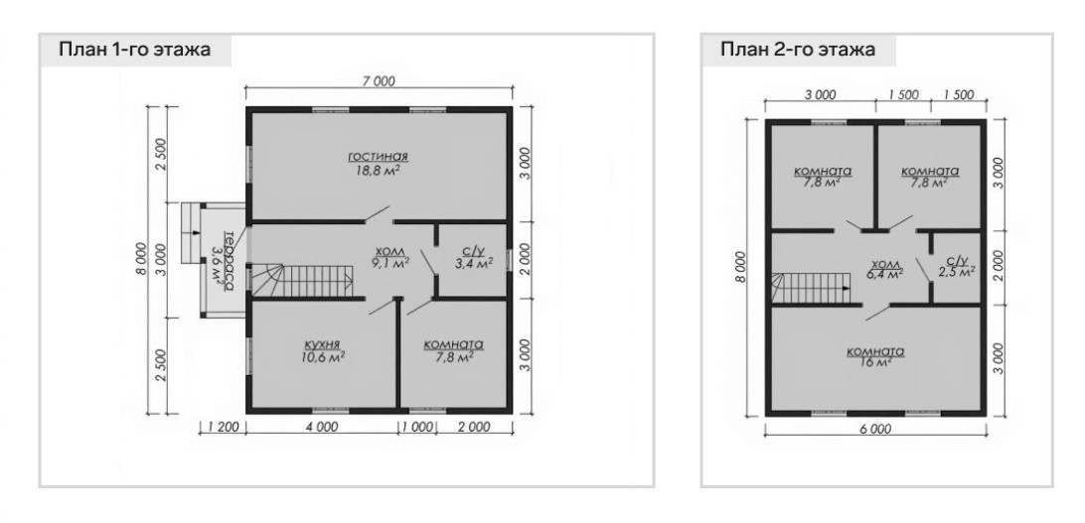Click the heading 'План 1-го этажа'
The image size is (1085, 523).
tap(134, 50)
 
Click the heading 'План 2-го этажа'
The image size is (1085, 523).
tap(798, 50)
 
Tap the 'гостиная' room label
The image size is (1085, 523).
tap(378, 156)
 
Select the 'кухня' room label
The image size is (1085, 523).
tap(324, 344)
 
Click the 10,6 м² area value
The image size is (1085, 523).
tap(324, 357)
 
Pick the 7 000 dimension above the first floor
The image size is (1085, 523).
tap(378, 81)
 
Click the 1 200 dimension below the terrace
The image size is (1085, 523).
tap(223, 427)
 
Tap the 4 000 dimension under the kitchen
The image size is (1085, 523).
tap(321, 427)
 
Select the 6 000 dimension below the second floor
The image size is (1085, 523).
tap(874, 429)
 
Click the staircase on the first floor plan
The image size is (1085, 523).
tap(302, 281)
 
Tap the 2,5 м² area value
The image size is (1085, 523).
tap(957, 272)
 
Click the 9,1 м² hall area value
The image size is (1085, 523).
tap(391, 263)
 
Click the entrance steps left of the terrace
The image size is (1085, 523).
tap(190, 232)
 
